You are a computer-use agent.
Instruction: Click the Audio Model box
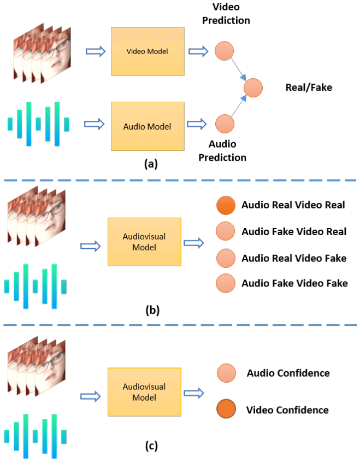tap(148, 126)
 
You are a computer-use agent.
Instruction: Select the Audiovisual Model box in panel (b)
tap(144, 242)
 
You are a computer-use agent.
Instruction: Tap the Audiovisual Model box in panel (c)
tap(144, 391)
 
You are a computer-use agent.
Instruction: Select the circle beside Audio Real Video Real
tap(225, 206)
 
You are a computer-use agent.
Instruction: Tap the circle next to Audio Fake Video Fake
tap(225, 283)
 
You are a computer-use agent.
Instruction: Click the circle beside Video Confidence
tap(226, 410)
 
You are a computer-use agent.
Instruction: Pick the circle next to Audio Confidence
tap(226, 373)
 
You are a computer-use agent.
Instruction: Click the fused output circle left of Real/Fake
tap(253, 87)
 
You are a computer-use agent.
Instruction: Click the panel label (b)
tap(152, 311)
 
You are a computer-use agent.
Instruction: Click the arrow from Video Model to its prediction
tap(198, 51)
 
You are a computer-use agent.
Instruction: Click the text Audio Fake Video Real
tap(294, 232)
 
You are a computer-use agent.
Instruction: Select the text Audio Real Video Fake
tap(294, 258)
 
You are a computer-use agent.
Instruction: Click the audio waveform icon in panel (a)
tap(38, 124)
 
